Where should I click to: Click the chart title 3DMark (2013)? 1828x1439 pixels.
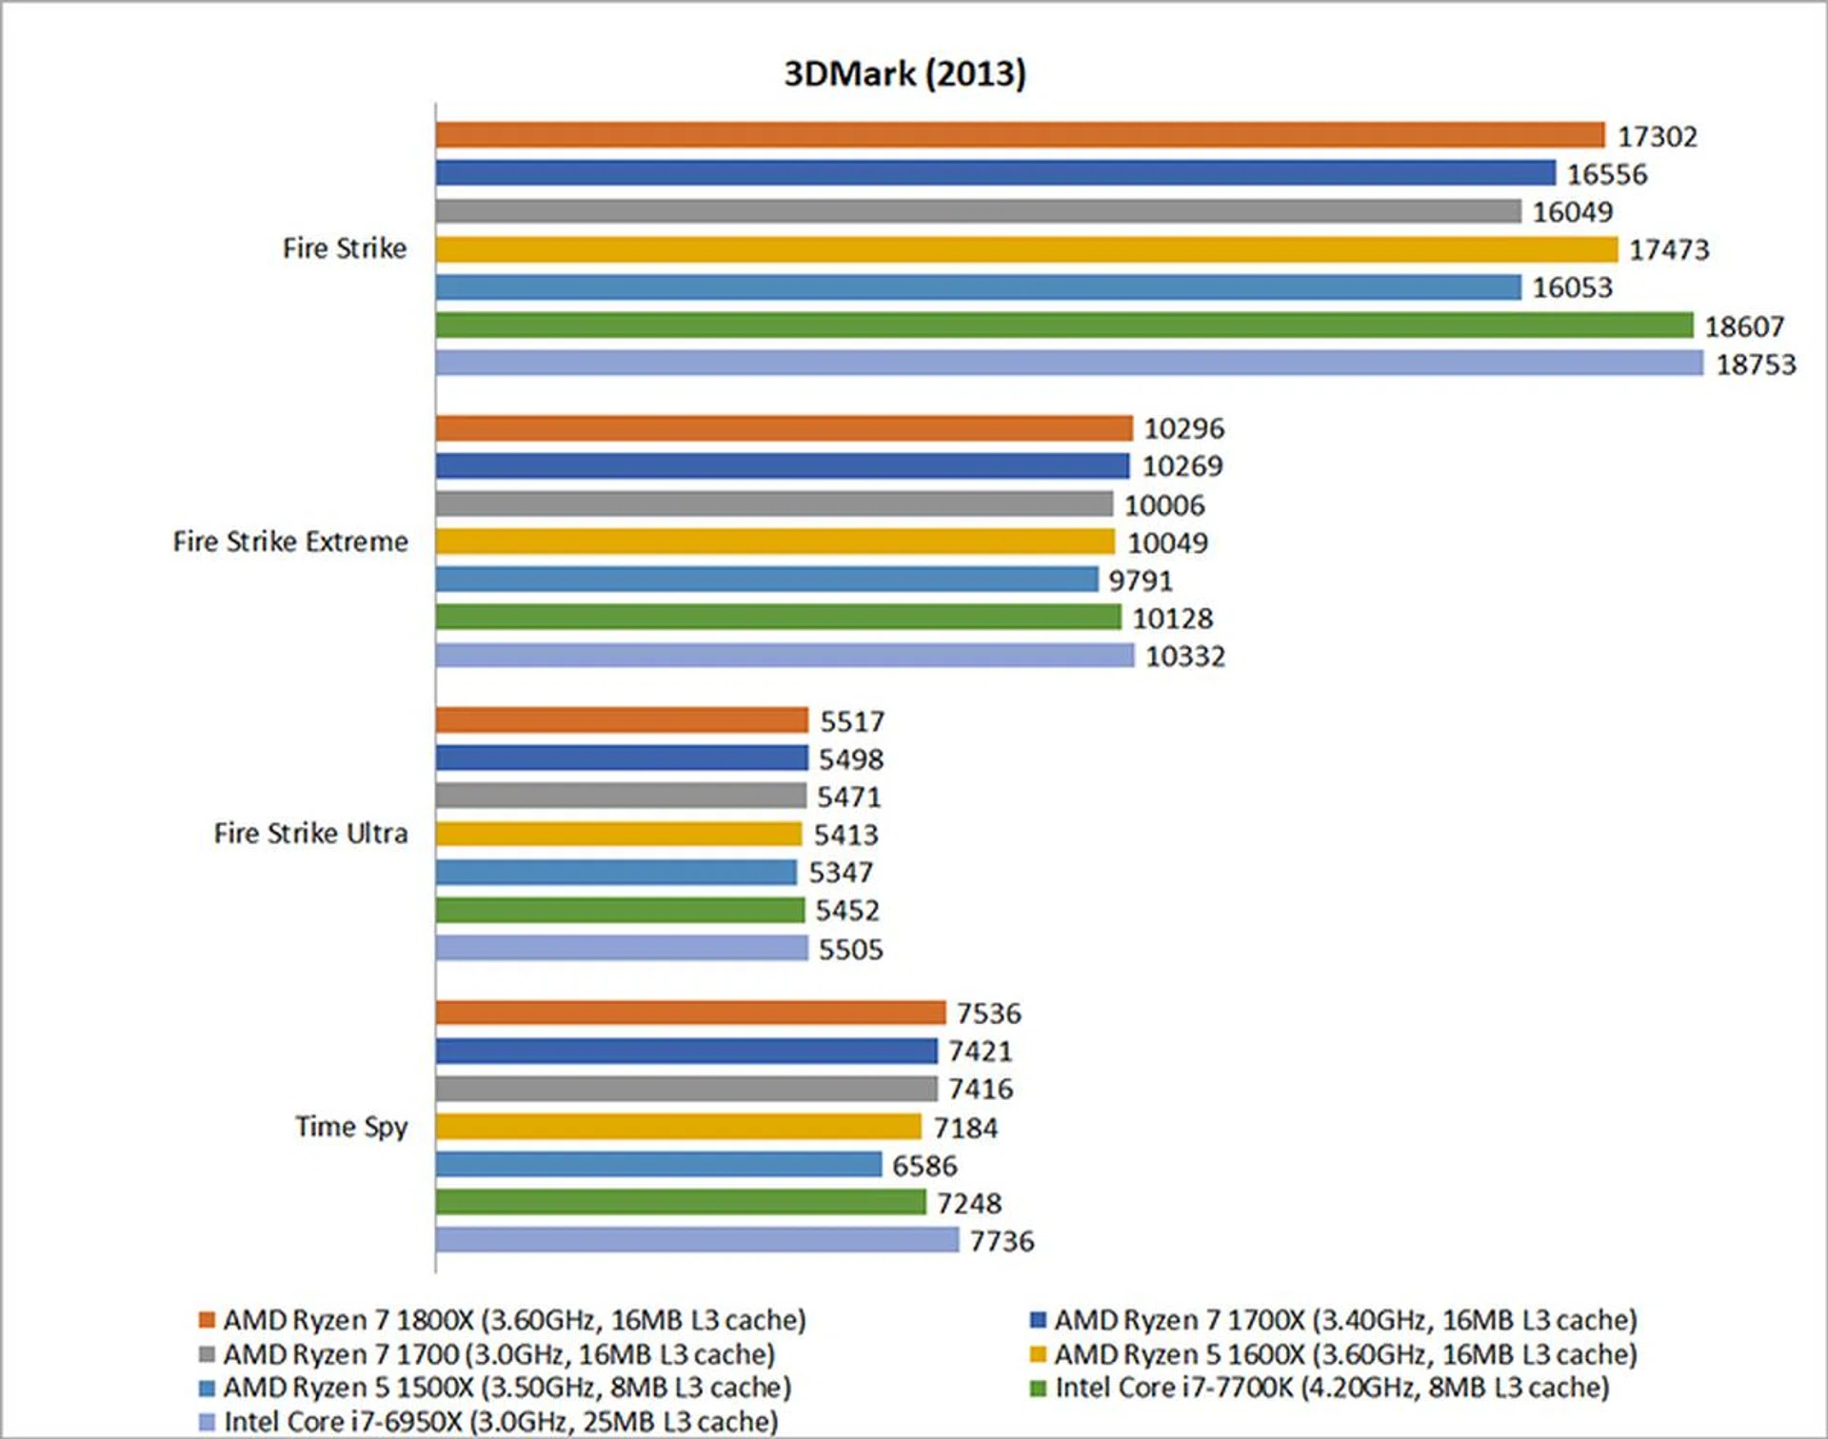click(x=904, y=74)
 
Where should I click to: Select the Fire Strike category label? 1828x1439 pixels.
click(x=345, y=248)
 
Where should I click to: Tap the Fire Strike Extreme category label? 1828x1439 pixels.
click(x=290, y=542)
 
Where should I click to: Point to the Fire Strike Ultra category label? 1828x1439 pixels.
click(x=310, y=834)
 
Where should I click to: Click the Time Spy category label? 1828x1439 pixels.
click(x=351, y=1127)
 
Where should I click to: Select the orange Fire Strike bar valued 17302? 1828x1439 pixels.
click(x=1019, y=135)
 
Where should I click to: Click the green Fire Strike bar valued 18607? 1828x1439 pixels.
click(x=1063, y=325)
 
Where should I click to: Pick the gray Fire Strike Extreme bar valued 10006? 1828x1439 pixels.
click(x=773, y=503)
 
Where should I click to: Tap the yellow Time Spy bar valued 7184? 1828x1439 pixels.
click(x=678, y=1127)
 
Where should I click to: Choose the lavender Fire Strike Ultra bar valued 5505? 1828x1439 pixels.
click(x=621, y=948)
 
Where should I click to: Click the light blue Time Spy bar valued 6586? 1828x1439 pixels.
click(x=658, y=1164)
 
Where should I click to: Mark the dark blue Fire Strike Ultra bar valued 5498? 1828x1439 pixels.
click(x=621, y=759)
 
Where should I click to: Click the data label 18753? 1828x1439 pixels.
click(x=1756, y=365)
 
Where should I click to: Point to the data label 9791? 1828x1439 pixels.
click(x=1140, y=581)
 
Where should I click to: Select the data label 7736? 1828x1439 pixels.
click(x=1002, y=1241)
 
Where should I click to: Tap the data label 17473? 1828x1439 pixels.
click(x=1669, y=249)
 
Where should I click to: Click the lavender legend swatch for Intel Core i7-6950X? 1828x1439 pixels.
click(x=207, y=1422)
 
